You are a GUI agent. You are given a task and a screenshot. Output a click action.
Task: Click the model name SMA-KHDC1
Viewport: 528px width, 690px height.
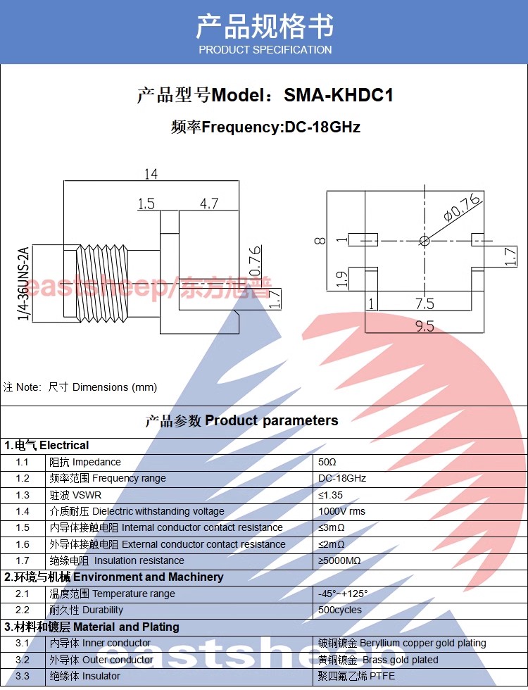coord(339,95)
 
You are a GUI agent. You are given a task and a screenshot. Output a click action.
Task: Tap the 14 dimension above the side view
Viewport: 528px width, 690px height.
coord(151,174)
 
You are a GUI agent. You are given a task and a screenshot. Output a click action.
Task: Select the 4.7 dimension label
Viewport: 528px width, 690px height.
coord(209,203)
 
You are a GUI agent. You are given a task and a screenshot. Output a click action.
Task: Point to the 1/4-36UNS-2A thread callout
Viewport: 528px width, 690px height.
coord(24,283)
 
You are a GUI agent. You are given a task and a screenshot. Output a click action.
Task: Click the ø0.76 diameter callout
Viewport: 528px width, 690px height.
coord(462,207)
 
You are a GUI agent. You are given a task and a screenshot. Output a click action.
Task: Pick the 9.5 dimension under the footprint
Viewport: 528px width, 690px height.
coord(425,326)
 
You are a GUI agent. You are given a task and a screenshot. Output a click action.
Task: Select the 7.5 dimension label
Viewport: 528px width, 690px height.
coord(425,303)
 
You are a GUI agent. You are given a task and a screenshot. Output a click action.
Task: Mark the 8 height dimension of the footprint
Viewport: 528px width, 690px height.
coord(320,240)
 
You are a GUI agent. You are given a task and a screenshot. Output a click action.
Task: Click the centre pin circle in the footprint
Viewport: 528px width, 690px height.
coord(425,241)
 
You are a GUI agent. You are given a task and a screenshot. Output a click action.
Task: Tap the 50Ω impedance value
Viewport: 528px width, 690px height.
coord(327,462)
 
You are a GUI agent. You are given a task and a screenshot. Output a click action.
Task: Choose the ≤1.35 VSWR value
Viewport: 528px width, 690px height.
coord(330,495)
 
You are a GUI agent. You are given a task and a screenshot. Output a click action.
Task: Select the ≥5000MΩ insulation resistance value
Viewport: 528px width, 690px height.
coord(339,560)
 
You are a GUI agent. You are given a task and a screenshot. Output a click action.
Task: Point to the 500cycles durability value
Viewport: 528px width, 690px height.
coord(339,610)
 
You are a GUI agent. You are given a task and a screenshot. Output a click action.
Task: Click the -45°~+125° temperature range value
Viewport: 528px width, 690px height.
coord(343,594)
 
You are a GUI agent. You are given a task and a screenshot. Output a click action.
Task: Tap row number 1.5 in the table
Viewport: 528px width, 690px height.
coord(23,527)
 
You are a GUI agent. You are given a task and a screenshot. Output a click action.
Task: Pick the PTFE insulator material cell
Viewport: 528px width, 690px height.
coord(356,676)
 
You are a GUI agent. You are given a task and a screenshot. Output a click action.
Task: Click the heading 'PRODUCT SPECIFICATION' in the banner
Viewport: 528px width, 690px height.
coord(265,50)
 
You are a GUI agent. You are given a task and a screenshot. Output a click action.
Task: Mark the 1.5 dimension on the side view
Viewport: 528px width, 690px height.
coord(146,203)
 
